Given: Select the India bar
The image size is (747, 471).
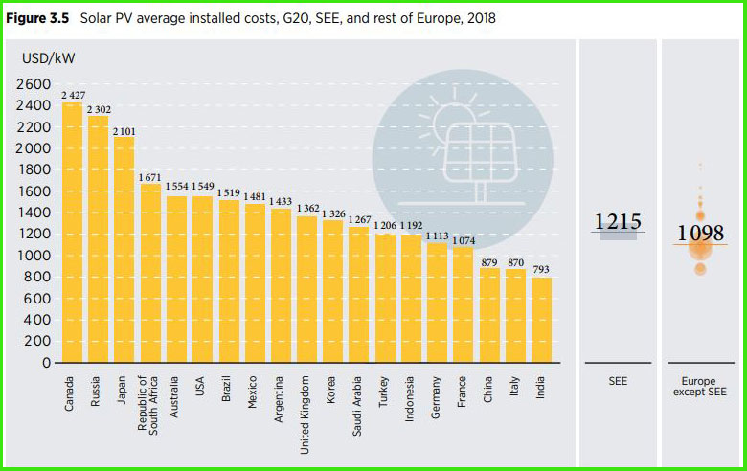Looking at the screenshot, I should click(541, 320).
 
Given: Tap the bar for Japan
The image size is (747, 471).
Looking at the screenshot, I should click(124, 250).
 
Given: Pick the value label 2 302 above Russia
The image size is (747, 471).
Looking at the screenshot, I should click(99, 109).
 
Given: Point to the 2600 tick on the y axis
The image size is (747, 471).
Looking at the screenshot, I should click(34, 84).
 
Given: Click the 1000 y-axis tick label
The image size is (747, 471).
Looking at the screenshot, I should click(34, 256).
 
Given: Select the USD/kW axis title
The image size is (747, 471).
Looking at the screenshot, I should click(49, 58).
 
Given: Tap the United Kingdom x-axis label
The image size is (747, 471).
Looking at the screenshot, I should click(307, 404).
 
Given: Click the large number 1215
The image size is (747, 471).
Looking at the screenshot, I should click(618, 222).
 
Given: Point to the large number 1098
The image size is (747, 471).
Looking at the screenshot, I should click(700, 234).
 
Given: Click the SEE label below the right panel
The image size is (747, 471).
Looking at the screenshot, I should click(618, 381).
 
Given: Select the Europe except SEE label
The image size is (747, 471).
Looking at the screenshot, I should click(699, 387).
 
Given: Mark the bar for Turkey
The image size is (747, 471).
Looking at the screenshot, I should click(385, 298).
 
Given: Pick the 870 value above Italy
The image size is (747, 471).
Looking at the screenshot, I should click(515, 262).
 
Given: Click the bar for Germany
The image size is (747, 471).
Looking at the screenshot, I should click(437, 303).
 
